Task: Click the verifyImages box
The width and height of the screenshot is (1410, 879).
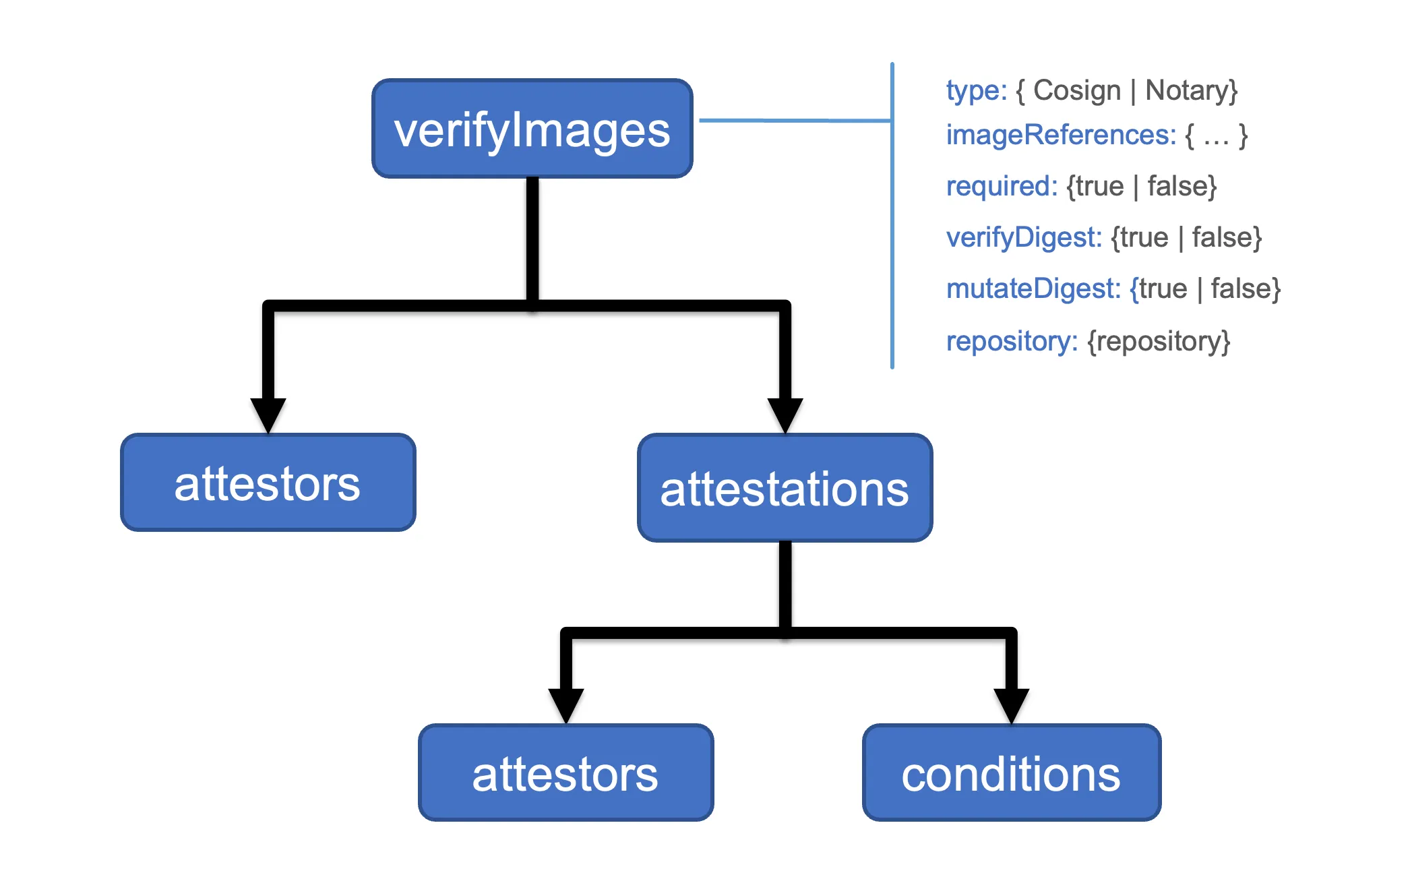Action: tap(532, 129)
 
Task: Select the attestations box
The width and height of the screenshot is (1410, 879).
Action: tap(785, 487)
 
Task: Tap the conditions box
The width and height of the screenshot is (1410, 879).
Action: tap(1011, 772)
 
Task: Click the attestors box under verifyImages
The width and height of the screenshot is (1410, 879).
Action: tap(268, 483)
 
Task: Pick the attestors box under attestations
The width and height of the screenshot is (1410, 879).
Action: tap(565, 772)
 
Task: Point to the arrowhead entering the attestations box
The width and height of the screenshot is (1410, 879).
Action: tap(785, 413)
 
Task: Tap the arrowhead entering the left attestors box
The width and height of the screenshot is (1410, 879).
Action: tap(268, 413)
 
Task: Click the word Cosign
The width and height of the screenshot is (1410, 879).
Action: tap(1076, 90)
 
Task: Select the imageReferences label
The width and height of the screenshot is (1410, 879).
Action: tap(1060, 135)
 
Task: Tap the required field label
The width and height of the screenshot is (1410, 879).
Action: tap(1002, 186)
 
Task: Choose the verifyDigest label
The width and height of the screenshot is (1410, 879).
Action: tap(1023, 237)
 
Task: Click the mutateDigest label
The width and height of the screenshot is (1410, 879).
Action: tap(1033, 289)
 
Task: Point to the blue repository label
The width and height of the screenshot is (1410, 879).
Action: tap(1011, 341)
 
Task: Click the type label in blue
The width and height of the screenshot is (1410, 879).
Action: tap(975, 90)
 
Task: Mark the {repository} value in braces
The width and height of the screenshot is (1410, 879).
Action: tap(1159, 341)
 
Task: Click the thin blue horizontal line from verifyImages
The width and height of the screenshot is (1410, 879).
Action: tap(795, 121)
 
